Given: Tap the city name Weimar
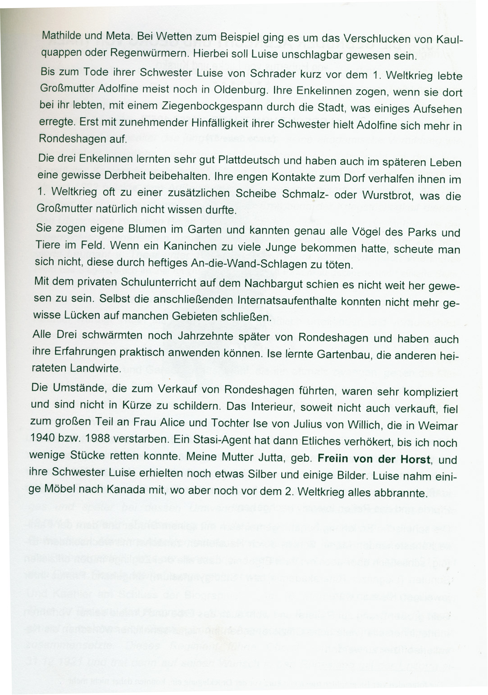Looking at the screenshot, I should pos(438,426).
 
